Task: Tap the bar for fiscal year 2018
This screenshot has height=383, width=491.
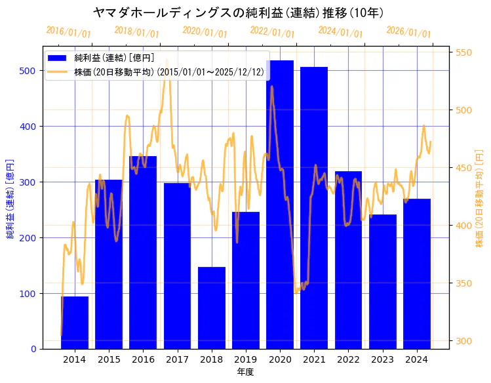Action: [212, 308]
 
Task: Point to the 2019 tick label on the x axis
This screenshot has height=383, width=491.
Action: [246, 359]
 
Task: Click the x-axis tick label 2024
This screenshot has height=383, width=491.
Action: [417, 359]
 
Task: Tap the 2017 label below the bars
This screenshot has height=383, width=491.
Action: [177, 359]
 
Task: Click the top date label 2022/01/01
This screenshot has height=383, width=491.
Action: [272, 31]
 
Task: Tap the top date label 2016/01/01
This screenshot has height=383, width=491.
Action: [68, 31]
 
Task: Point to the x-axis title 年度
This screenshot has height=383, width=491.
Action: [245, 372]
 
